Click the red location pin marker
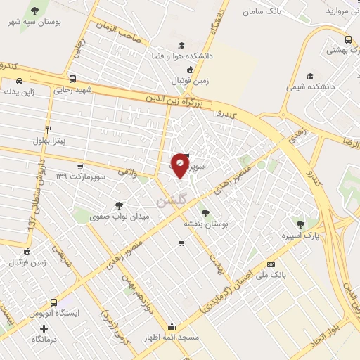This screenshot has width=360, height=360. [181, 165]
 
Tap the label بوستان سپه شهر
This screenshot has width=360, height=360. [34, 23]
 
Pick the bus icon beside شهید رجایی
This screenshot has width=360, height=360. [72, 79]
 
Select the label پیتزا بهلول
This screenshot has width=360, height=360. [48, 141]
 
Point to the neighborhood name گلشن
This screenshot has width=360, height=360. [172, 201]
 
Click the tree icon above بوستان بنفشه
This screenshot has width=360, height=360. [205, 212]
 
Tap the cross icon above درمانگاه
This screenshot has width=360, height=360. [44, 328]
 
